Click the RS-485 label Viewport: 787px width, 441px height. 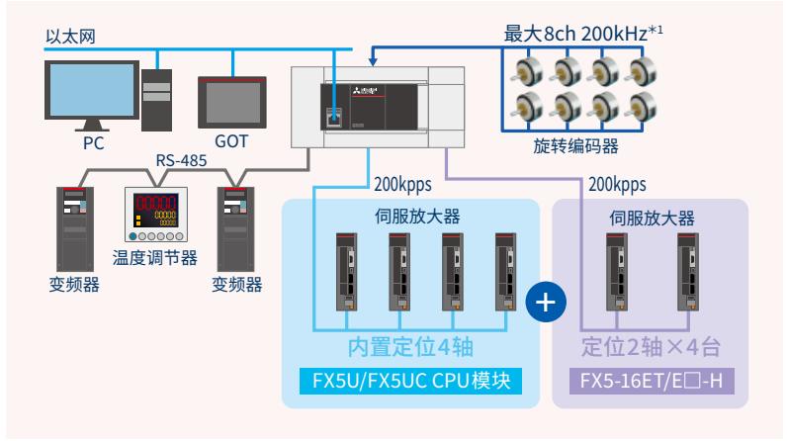180,161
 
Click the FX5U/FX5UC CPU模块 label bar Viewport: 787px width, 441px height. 409,380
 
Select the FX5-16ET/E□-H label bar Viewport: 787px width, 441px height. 649,380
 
